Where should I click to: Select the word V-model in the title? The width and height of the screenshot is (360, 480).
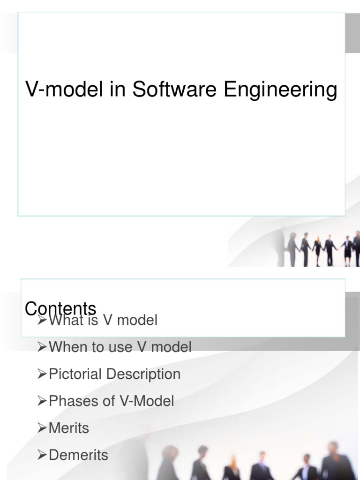[x=64, y=90]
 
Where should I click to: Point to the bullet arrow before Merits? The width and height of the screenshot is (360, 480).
[x=43, y=428]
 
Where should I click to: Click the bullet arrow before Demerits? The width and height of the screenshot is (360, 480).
[x=43, y=455]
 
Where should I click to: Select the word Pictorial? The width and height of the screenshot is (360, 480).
[x=75, y=374]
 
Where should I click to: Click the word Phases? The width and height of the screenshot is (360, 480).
[x=70, y=401]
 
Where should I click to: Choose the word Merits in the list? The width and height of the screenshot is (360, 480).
[x=69, y=428]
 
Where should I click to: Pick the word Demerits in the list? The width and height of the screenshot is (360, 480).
[x=78, y=455]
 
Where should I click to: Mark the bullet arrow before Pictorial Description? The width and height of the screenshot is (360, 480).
[x=43, y=374]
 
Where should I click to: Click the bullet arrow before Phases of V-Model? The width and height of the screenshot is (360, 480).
[x=43, y=401]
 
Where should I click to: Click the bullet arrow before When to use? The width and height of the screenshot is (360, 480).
[x=43, y=347]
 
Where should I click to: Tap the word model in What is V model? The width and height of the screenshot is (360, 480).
[x=137, y=321]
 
